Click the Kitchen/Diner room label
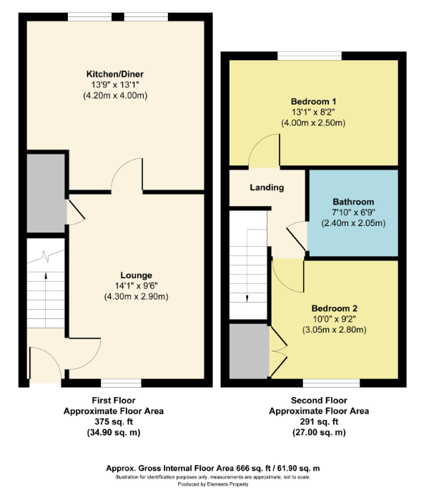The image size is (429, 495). point(115,74)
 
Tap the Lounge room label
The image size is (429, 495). point(137,275)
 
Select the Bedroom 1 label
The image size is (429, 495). point(313,102)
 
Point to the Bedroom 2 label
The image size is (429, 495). point(335,308)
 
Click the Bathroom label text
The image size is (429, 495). point(353,202)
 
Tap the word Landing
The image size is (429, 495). point(267,187)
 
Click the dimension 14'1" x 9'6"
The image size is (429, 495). point(137,286)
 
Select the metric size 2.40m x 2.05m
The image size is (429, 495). point(353,223)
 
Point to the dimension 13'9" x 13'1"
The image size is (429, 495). point(115,85)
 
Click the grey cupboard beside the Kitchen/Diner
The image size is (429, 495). point(46,193)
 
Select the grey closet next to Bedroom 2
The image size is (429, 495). point(250,351)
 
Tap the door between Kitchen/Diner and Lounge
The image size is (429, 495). point(127,175)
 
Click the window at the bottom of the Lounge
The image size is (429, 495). point(121,383)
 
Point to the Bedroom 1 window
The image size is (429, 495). point(310,56)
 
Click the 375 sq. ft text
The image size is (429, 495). point(114,422)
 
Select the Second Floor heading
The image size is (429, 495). point(319,401)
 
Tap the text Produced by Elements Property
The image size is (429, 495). point(213,484)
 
